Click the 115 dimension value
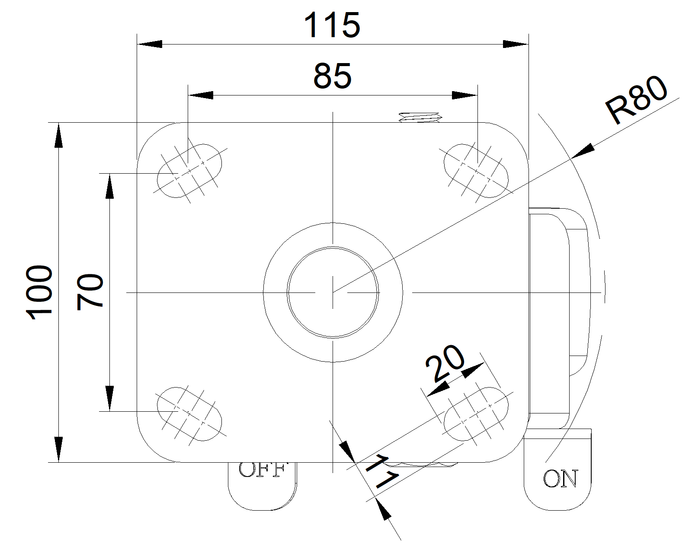pyautogui.click(x=332, y=25)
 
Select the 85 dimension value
pyautogui.click(x=332, y=76)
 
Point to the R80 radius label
pyautogui.click(x=636, y=100)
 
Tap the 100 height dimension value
pyautogui.click(x=40, y=292)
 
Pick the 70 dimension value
pyautogui.click(x=90, y=292)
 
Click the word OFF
pyautogui.click(x=263, y=470)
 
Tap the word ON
pyautogui.click(x=560, y=479)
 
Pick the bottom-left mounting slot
pyautogui.click(x=189, y=413)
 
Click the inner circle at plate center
pyautogui.click(x=333, y=292)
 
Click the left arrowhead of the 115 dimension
pyautogui.click(x=149, y=44)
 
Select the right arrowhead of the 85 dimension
pyautogui.click(x=465, y=95)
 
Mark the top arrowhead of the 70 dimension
pyautogui.click(x=110, y=186)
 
